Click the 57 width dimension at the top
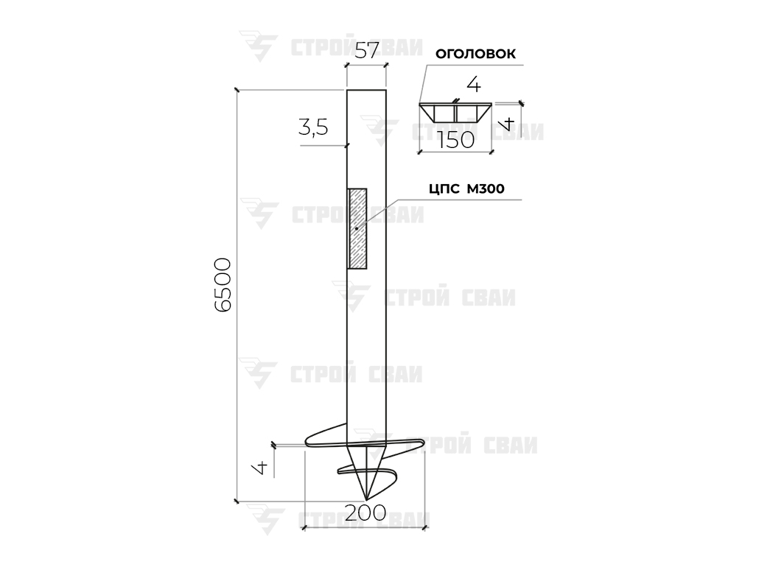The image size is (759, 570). (366, 50)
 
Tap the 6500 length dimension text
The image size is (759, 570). (223, 285)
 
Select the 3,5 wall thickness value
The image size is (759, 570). (313, 127)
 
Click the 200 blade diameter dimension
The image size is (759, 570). (365, 513)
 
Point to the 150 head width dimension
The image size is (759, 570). (456, 140)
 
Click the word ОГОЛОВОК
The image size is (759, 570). (475, 54)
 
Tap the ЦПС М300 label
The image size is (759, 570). (466, 189)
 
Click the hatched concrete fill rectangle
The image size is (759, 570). (357, 228)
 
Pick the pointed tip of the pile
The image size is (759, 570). (366, 499)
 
